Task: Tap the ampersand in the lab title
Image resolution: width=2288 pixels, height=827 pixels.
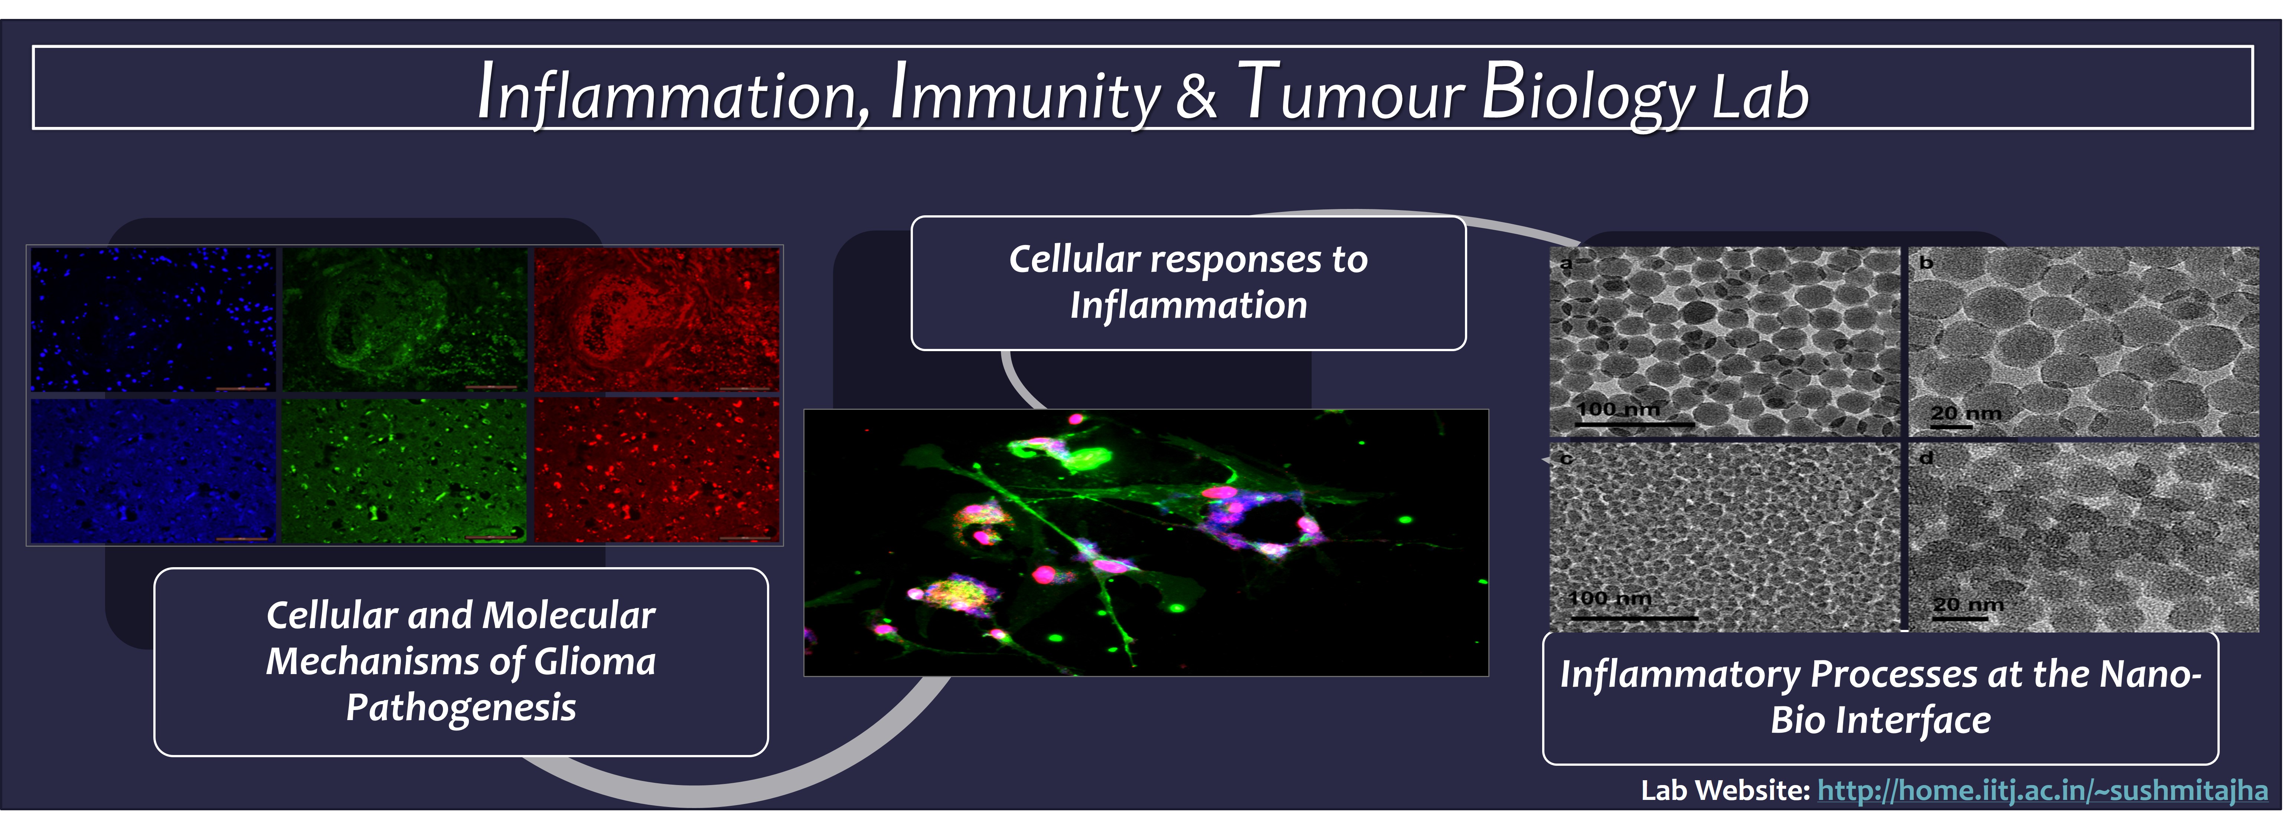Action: (1197, 96)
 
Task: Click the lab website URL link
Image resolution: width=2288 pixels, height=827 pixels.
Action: (2042, 790)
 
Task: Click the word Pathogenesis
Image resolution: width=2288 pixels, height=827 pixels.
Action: (461, 708)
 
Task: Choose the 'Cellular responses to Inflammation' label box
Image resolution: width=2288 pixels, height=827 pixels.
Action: (1188, 282)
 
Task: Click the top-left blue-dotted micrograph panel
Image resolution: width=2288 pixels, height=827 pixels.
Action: (153, 320)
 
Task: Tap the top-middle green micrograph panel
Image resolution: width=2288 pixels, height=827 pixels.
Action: (405, 320)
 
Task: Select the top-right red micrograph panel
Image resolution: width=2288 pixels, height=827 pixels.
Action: (657, 320)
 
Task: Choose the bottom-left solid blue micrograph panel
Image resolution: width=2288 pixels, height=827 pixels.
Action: (153, 470)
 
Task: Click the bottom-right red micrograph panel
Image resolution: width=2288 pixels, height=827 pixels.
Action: (657, 470)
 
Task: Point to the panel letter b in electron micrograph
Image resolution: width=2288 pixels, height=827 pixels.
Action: (1926, 263)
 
